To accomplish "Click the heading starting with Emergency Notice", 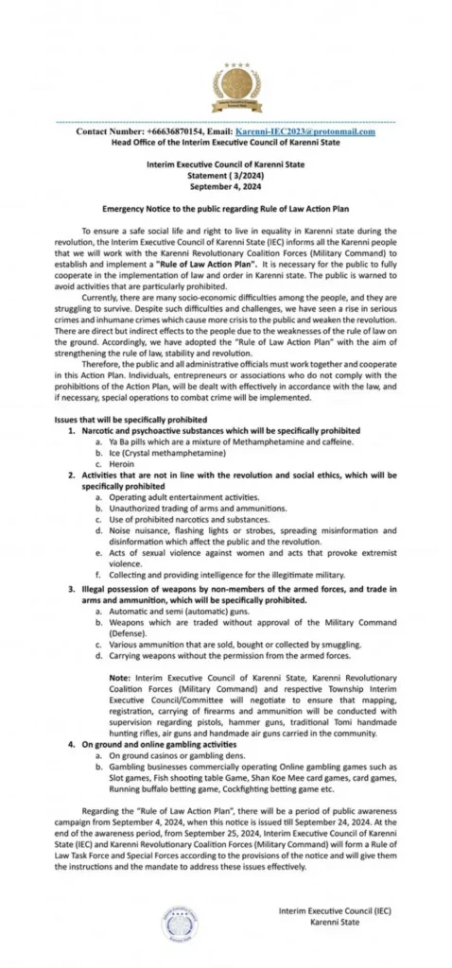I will point(225,205).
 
